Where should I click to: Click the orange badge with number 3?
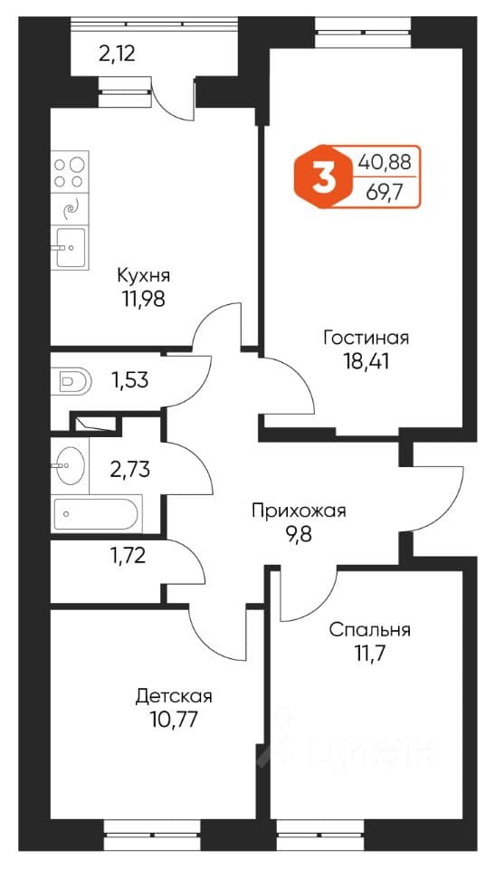[322, 177]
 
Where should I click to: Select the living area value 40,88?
[385, 162]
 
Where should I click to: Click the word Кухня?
[144, 275]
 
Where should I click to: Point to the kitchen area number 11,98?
[144, 299]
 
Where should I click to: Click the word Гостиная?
[366, 338]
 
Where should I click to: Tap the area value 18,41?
[366, 362]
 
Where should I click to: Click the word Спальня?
[370, 630]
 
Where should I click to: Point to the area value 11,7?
[370, 654]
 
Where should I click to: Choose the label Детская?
[174, 697]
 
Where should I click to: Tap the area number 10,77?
[174, 720]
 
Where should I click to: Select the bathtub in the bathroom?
[95, 514]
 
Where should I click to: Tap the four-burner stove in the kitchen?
[70, 172]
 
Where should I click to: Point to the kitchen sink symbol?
[70, 247]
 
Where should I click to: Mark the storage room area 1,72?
[128, 555]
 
